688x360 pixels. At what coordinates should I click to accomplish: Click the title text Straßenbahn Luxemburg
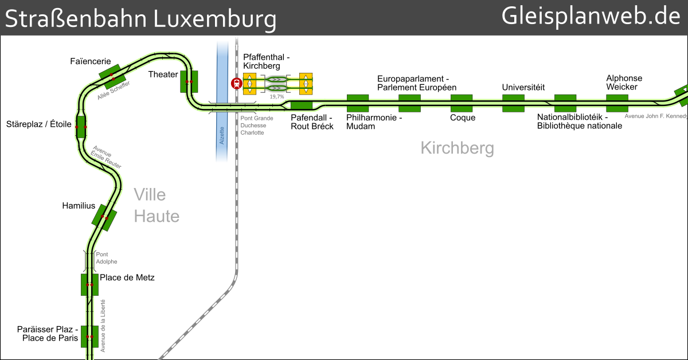point(140,19)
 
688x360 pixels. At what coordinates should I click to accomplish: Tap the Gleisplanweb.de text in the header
point(591,17)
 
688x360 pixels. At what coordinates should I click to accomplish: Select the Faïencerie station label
point(91,61)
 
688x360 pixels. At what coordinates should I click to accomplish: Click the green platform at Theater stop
point(189,81)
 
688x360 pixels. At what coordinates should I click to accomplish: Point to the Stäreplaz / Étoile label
point(38,124)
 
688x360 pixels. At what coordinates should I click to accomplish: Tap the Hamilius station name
point(79,205)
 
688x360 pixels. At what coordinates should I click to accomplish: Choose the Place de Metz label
point(127,278)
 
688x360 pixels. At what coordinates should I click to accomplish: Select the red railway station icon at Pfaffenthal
point(236,84)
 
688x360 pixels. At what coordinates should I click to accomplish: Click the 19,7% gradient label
point(277,97)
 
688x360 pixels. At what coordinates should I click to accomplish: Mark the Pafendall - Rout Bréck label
point(312,122)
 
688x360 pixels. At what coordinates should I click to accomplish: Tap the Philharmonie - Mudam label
point(374,122)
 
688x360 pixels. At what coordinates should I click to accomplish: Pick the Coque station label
point(462,118)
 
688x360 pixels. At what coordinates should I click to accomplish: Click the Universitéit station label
point(523,88)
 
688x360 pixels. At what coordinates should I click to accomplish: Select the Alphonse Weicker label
point(624,83)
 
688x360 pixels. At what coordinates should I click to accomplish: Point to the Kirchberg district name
point(457,148)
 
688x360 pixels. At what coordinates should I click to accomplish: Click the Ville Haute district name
point(156,205)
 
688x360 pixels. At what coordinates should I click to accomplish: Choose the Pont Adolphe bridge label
point(107,258)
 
